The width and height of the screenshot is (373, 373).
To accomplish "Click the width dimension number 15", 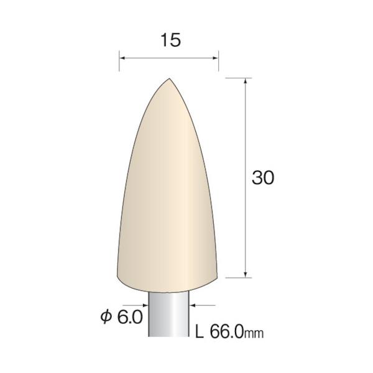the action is (171, 40).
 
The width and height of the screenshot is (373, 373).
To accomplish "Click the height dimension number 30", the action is (263, 177).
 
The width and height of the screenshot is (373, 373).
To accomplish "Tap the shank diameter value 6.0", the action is (130, 317).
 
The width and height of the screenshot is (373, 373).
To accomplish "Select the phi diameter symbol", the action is (106, 317).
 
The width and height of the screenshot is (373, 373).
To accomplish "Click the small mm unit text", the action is (254, 334).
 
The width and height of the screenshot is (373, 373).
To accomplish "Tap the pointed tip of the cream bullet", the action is (169, 78).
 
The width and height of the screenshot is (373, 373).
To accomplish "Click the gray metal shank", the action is (168, 313).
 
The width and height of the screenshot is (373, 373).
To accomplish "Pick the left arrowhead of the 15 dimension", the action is (122, 58).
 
